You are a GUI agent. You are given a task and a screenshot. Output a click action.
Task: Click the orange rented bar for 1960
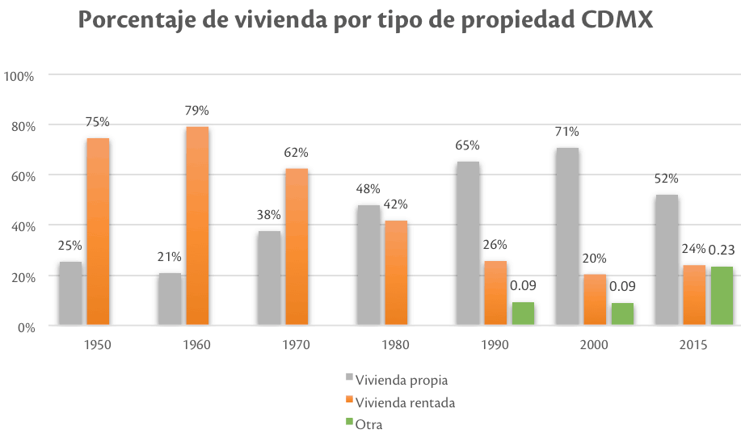tap(197, 225)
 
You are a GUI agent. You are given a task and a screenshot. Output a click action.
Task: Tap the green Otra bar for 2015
tap(722, 296)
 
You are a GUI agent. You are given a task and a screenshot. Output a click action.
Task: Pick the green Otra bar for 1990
tap(523, 314)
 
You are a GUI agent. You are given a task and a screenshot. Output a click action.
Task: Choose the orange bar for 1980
tap(396, 272)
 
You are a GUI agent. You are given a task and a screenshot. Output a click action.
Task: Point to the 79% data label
tap(197, 110)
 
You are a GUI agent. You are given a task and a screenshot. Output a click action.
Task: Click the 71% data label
tap(567, 132)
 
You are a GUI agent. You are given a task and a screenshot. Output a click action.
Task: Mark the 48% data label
tap(368, 189)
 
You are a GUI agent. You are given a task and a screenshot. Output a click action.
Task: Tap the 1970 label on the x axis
tap(297, 344)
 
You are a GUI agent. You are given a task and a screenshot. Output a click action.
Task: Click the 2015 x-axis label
tap(693, 344)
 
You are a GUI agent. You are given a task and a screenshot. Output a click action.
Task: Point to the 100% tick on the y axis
tap(19, 76)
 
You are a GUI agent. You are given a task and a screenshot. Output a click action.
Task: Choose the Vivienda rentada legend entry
tap(405, 402)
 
